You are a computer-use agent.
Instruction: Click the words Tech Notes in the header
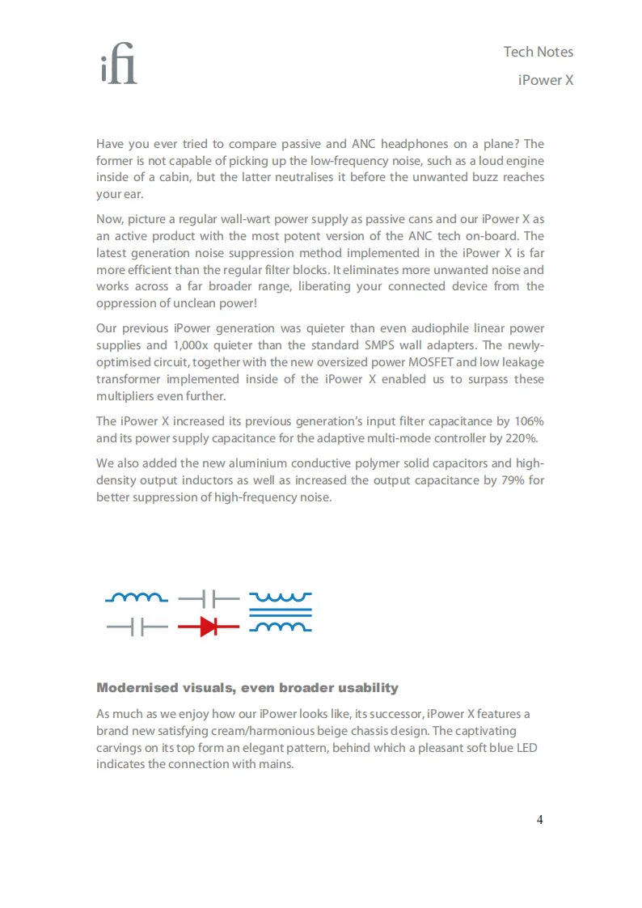click(x=538, y=52)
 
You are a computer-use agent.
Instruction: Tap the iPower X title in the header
click(x=546, y=81)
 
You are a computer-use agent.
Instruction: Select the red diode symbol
click(x=209, y=627)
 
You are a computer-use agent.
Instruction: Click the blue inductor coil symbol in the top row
click(x=137, y=598)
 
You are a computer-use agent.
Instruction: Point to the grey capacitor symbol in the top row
click(x=209, y=599)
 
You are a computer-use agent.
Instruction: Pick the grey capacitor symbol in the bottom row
click(x=137, y=627)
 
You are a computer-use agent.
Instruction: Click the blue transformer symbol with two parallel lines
click(x=280, y=613)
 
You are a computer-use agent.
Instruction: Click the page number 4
click(x=539, y=820)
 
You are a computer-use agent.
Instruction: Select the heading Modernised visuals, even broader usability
click(x=247, y=688)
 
